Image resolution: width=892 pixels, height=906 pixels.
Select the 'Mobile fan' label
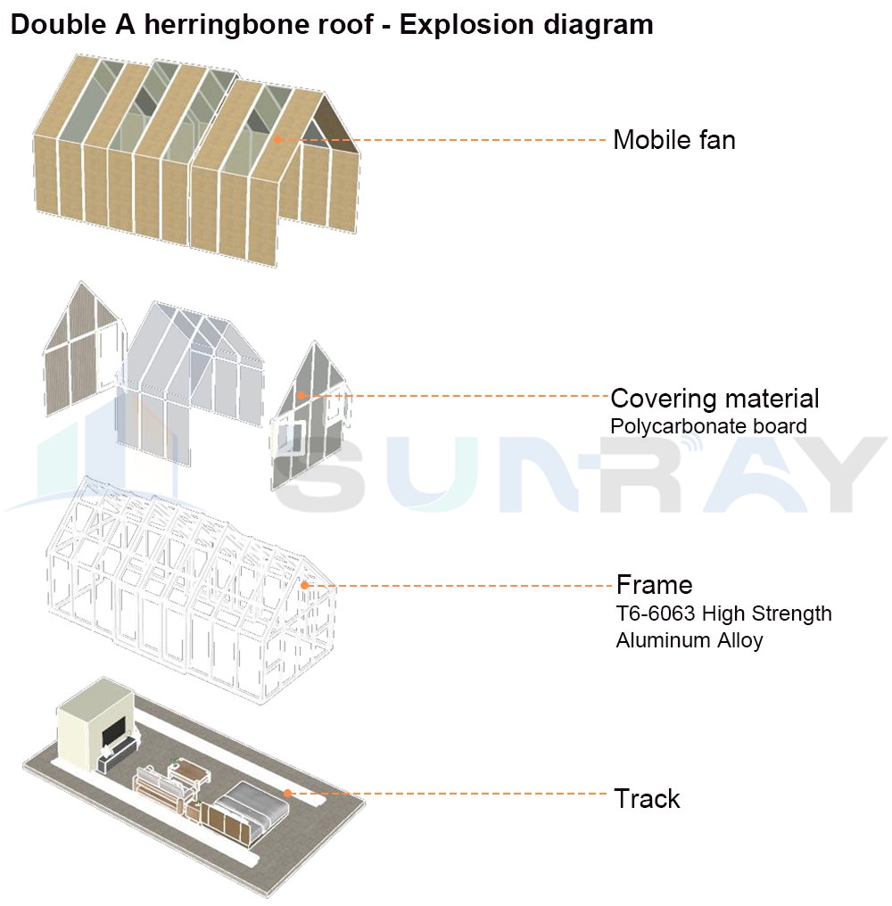[x=673, y=140]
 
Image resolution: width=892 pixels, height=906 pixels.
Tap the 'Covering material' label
[x=714, y=398]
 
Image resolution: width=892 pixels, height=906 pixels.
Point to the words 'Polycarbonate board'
[x=708, y=426]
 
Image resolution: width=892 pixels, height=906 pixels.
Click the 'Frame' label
[x=654, y=585]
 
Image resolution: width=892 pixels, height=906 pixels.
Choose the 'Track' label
[x=647, y=798]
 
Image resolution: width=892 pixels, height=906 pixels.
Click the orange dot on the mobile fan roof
[x=278, y=139]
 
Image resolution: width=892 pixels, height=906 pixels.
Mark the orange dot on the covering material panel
[x=301, y=395]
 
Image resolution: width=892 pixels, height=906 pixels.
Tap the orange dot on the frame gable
[x=304, y=585]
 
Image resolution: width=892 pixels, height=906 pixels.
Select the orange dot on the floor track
[x=287, y=792]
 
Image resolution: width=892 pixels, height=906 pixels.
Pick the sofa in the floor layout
[x=159, y=788]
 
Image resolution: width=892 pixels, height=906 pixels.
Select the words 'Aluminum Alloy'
[x=689, y=640]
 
